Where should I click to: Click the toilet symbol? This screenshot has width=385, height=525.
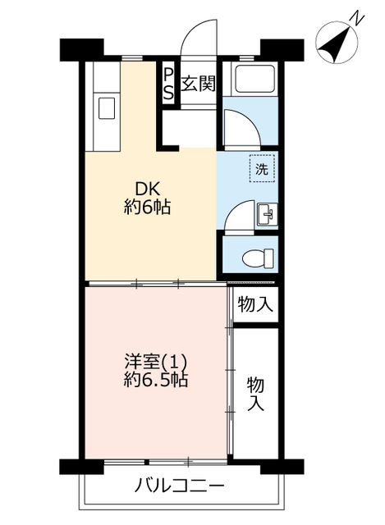click(258, 258)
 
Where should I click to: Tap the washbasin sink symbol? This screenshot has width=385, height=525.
click(267, 215)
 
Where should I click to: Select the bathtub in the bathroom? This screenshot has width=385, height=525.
click(255, 79)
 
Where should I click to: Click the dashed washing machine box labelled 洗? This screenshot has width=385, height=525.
click(262, 169)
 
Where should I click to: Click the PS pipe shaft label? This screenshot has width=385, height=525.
click(169, 83)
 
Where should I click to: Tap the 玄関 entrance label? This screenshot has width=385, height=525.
click(198, 83)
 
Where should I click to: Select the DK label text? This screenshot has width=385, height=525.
click(148, 189)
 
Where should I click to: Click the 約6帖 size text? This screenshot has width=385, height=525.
click(148, 208)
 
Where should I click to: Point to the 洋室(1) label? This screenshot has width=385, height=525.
click(155, 362)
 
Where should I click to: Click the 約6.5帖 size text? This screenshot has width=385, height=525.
click(155, 380)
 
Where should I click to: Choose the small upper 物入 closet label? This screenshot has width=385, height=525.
click(255, 304)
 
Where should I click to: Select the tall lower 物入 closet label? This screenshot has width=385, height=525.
click(255, 394)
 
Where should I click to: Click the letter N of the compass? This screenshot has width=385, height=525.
click(358, 18)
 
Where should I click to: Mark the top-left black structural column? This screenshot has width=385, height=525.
click(81, 50)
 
